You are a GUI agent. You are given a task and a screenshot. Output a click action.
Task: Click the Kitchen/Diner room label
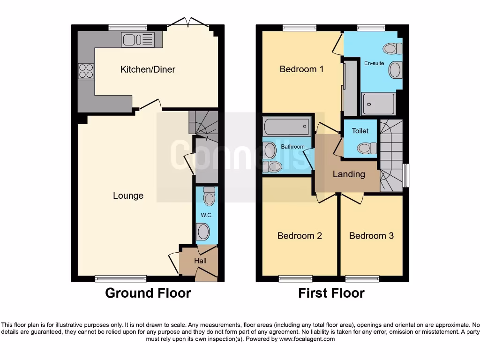148,69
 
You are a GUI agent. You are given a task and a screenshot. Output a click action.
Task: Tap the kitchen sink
137,40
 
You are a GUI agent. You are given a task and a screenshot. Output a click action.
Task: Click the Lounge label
128,195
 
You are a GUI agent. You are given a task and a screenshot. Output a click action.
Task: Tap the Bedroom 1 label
301,69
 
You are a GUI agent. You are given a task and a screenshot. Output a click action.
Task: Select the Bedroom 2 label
300,235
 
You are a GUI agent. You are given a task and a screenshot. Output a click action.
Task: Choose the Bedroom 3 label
371,235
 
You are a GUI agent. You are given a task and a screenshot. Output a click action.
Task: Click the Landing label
348,174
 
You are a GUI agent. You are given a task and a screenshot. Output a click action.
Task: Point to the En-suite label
374,63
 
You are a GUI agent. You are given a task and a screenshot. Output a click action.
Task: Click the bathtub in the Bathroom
286,126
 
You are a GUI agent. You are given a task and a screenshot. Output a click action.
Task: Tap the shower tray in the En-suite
378,104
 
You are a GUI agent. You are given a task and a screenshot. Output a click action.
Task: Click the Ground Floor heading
148,293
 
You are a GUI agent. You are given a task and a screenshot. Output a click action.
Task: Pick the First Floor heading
331,293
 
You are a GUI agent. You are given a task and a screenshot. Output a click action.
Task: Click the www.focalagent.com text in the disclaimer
307,339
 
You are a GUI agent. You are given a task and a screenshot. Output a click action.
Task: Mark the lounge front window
121,278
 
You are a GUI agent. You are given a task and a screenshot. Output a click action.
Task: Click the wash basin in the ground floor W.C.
203,232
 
